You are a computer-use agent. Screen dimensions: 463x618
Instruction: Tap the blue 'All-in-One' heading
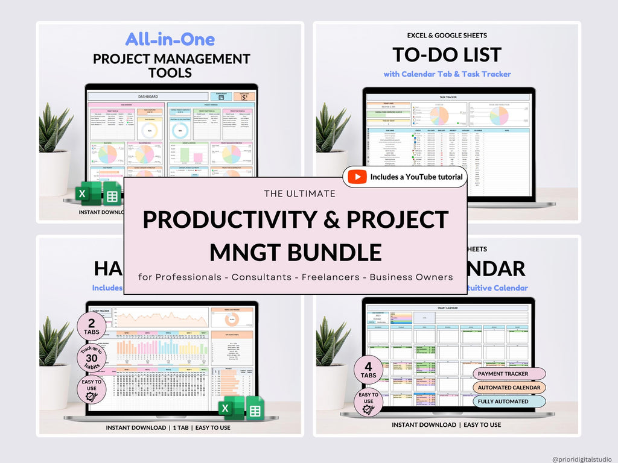(170, 40)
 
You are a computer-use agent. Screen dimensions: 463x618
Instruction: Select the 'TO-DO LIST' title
(447, 55)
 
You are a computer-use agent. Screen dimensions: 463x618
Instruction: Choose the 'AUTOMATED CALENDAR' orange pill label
(509, 388)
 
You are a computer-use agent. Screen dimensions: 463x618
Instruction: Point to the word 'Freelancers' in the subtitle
(328, 277)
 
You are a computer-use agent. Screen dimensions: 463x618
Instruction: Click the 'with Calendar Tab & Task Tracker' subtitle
(447, 74)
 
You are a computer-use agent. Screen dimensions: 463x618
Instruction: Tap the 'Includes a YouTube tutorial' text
(416, 177)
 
